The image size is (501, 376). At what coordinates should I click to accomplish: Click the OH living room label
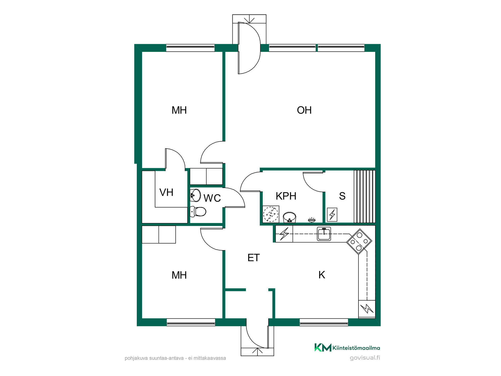coord(304,110)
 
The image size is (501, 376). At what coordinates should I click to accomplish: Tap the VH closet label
coord(166,193)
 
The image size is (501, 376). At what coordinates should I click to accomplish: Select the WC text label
coord(212,198)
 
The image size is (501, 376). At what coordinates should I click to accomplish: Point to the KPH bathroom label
coord(286,196)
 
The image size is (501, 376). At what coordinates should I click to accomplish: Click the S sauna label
coord(342,196)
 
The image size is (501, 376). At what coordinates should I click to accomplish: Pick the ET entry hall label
coord(254,258)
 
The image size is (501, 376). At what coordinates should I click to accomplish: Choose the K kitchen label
coord(322,275)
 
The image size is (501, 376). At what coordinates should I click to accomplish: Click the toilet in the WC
coord(198,212)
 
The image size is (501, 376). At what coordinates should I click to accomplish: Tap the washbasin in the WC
coord(195,196)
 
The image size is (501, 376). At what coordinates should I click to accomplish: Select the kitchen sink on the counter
coord(324,234)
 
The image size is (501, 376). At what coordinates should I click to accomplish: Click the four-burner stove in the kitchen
coord(359,242)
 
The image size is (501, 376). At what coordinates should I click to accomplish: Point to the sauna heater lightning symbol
coord(332,215)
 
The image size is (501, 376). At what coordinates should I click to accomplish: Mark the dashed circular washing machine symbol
coord(271,214)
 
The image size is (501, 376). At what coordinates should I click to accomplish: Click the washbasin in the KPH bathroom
coord(290,217)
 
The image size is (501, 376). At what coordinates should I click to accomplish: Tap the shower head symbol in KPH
coord(312,220)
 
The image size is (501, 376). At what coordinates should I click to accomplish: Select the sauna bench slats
coord(364,197)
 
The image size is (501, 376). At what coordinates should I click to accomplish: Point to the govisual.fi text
coord(365,358)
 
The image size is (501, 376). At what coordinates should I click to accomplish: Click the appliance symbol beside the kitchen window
coord(367,309)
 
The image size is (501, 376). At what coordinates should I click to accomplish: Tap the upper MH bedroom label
coord(179,110)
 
